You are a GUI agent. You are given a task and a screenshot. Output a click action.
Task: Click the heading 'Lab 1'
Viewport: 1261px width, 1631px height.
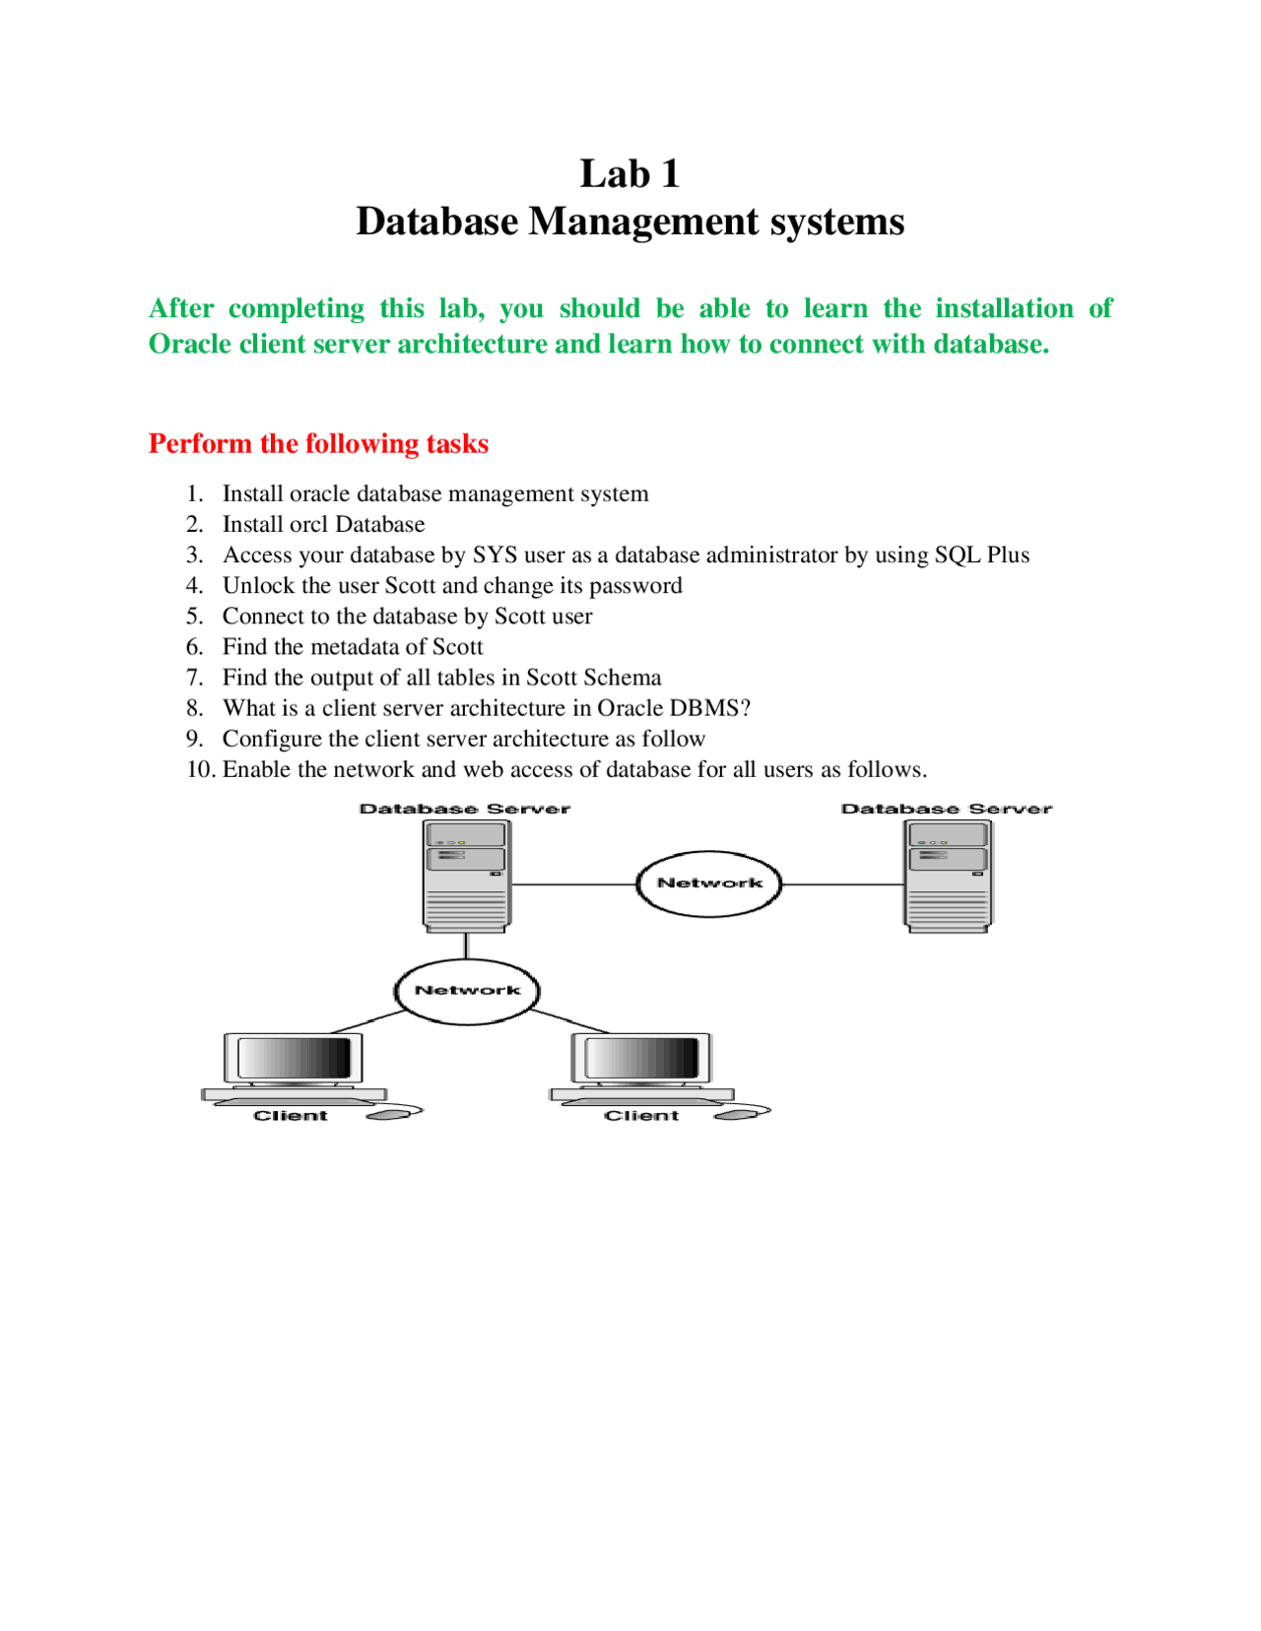click(630, 174)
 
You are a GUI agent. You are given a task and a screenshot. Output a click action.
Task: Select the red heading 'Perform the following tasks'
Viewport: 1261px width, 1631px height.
click(318, 443)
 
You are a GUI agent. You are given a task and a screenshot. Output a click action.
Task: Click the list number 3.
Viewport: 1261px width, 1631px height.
click(194, 555)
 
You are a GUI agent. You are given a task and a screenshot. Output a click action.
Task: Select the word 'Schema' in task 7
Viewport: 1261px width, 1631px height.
click(622, 678)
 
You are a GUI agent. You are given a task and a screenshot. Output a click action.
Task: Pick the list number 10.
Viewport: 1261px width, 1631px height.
click(200, 769)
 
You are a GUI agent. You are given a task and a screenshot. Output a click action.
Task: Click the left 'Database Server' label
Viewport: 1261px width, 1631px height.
click(465, 809)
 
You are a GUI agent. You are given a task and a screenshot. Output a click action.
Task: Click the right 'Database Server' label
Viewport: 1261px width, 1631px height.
click(946, 809)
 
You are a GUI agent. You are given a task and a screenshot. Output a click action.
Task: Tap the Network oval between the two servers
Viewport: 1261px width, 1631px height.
click(709, 883)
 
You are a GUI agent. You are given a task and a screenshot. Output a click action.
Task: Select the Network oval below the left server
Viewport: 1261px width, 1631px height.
click(467, 991)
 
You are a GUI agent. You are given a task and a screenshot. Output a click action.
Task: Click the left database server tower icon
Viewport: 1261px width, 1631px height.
click(466, 876)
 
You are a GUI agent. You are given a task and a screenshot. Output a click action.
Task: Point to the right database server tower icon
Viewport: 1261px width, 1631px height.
click(948, 876)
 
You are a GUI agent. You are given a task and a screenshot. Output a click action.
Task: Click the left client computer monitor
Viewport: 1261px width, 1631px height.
click(294, 1060)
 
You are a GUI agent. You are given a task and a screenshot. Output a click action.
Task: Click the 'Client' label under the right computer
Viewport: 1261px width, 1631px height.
click(641, 1116)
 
